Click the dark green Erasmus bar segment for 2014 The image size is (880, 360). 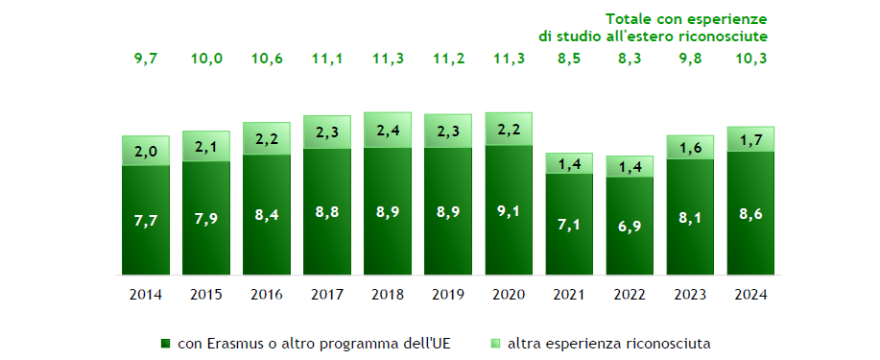[146, 221]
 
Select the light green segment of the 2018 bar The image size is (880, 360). [388, 131]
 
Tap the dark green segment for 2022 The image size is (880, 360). [630, 227]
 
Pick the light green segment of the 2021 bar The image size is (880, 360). [569, 164]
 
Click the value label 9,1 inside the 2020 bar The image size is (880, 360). [509, 211]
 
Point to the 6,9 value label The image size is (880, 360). [630, 228]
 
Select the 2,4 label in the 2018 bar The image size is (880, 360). [388, 131]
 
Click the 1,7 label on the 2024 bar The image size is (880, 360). [750, 140]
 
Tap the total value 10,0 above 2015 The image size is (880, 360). [206, 59]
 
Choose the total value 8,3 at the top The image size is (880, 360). [630, 59]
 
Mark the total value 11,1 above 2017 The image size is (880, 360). [327, 59]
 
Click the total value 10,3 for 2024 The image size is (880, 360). [750, 59]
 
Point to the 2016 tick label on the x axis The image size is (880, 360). [267, 293]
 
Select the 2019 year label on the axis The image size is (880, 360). [448, 293]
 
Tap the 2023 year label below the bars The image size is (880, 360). [690, 293]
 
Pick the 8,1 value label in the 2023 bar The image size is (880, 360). [690, 218]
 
